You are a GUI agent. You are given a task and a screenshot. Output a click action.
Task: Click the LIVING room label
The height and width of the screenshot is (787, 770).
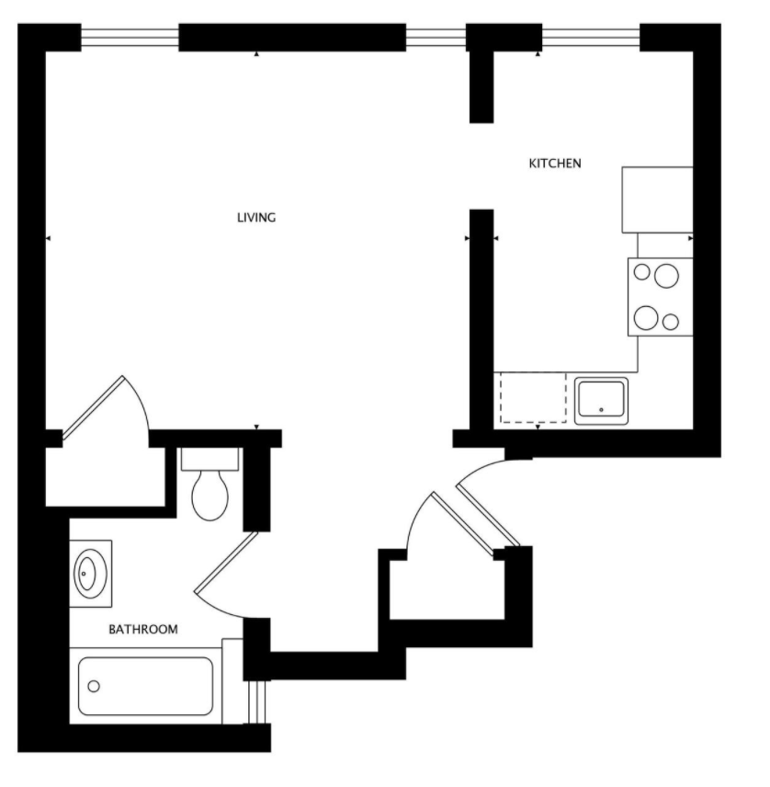[x=256, y=218]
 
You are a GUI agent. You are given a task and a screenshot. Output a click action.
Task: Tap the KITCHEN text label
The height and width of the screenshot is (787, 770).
[x=555, y=164]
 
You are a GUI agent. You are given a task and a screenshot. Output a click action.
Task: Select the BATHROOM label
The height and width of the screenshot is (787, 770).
[x=143, y=630]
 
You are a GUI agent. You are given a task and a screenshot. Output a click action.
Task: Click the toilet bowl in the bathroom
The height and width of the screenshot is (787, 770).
[x=209, y=495]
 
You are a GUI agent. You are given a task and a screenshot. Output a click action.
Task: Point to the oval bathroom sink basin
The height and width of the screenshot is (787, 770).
[x=87, y=574]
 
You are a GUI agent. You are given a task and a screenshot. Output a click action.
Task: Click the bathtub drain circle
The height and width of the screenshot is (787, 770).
[x=94, y=686]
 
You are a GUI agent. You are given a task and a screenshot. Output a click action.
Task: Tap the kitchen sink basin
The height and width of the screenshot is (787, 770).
[x=601, y=400]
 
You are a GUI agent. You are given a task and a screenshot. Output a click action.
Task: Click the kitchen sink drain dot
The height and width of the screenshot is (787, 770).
[x=601, y=410]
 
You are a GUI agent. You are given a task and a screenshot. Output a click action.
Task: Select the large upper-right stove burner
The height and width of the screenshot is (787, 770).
[x=666, y=276]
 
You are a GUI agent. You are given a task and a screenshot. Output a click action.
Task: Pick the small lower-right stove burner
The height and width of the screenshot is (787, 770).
[x=671, y=322]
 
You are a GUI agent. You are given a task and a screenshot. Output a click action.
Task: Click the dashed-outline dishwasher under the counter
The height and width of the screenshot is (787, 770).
[x=533, y=397]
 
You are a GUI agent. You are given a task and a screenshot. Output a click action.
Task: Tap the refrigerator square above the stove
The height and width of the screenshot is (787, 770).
[x=657, y=200]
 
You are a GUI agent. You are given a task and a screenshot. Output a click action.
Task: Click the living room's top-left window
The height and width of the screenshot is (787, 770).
[x=130, y=37]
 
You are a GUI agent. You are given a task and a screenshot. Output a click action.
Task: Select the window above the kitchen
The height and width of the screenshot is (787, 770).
[x=591, y=37]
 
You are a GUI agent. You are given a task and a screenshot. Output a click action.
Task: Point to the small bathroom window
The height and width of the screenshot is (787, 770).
[x=257, y=702]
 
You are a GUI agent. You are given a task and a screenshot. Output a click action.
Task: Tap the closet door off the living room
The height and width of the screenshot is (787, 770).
[x=94, y=409]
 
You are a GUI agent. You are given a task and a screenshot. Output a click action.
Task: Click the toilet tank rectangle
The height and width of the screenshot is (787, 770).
[x=209, y=459]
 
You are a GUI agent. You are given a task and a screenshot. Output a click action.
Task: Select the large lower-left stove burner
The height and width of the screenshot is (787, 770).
[x=646, y=318]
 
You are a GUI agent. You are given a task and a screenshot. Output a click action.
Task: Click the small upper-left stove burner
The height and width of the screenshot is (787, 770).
[x=642, y=272]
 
